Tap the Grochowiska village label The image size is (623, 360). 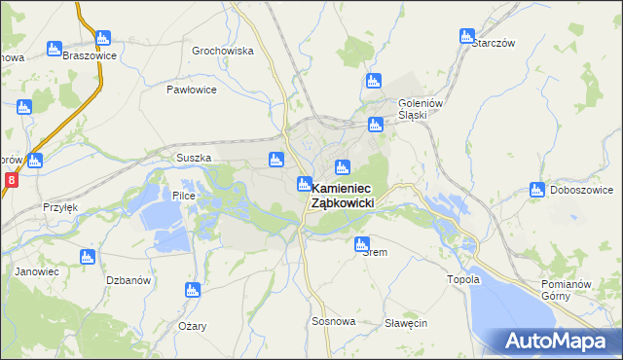tap(223, 51)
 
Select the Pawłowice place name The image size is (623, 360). tap(191, 89)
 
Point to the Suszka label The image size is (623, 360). tap(194, 158)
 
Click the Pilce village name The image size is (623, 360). tap(184, 196)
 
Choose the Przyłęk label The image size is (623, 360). tap(58, 207)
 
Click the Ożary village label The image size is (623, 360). tap(192, 326)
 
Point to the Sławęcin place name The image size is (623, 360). tap(406, 323)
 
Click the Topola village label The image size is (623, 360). tap(463, 279)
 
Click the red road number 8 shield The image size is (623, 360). tap(11, 180)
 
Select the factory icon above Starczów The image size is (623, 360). tap(467, 37)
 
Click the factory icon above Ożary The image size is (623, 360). tap(192, 289)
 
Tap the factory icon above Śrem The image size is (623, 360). tap(362, 243)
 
